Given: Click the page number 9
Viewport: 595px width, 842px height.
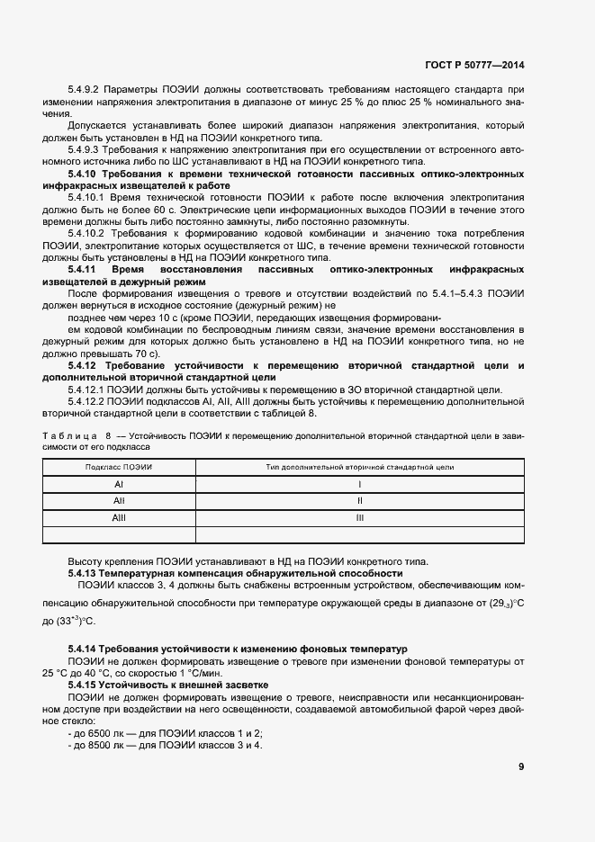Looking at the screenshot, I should click(x=522, y=766).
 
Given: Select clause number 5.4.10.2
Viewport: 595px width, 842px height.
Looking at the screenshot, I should click(x=88, y=233).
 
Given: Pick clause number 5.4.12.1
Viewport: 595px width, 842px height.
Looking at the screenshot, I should click(x=88, y=390).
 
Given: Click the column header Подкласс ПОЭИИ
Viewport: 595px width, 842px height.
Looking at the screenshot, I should click(x=119, y=468).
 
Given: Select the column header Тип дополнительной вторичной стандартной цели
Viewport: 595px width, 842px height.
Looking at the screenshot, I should click(x=360, y=468).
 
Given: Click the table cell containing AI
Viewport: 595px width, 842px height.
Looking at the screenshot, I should click(x=119, y=485).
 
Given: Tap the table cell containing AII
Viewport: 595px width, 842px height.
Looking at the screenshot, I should click(x=119, y=501).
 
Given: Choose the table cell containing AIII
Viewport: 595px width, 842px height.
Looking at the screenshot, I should click(x=119, y=518).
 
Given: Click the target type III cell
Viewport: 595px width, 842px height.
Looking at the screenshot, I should click(x=360, y=518).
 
